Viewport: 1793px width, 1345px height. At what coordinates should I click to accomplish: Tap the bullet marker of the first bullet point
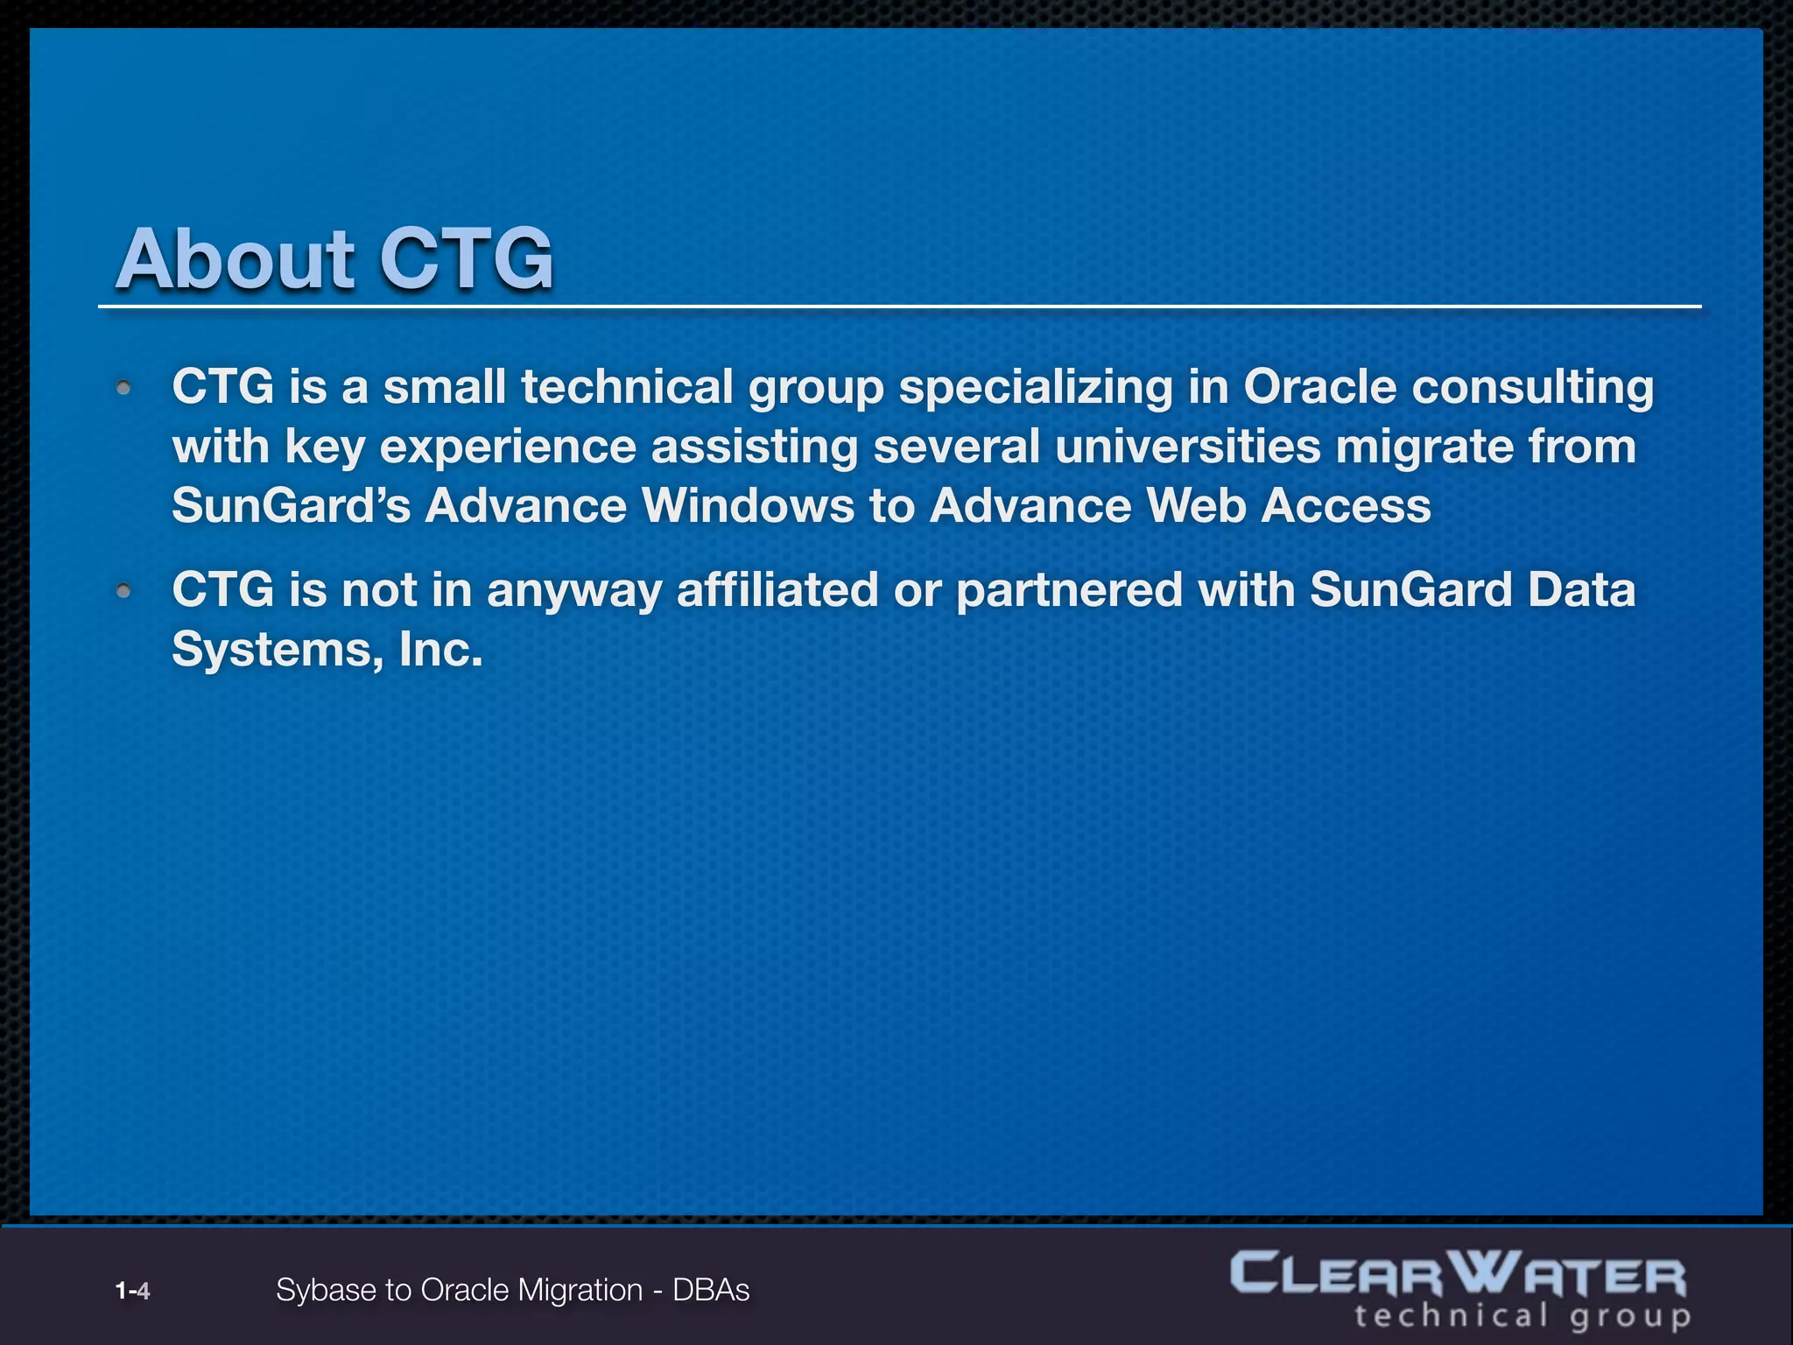tap(124, 388)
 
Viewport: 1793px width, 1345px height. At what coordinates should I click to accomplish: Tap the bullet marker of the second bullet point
tap(124, 592)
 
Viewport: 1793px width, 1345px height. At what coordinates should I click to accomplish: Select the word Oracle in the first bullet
tap(1319, 387)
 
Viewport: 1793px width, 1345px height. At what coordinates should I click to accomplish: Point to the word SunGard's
tap(291, 506)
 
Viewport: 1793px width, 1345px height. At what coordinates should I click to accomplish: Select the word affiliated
tap(777, 589)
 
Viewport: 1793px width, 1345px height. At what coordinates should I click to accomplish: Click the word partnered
tap(1069, 589)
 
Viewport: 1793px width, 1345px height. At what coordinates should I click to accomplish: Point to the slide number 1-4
tap(132, 1291)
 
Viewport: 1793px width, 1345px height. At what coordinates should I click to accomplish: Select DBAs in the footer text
tap(711, 1291)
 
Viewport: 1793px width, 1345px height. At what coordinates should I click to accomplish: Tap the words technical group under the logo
tap(1522, 1316)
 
